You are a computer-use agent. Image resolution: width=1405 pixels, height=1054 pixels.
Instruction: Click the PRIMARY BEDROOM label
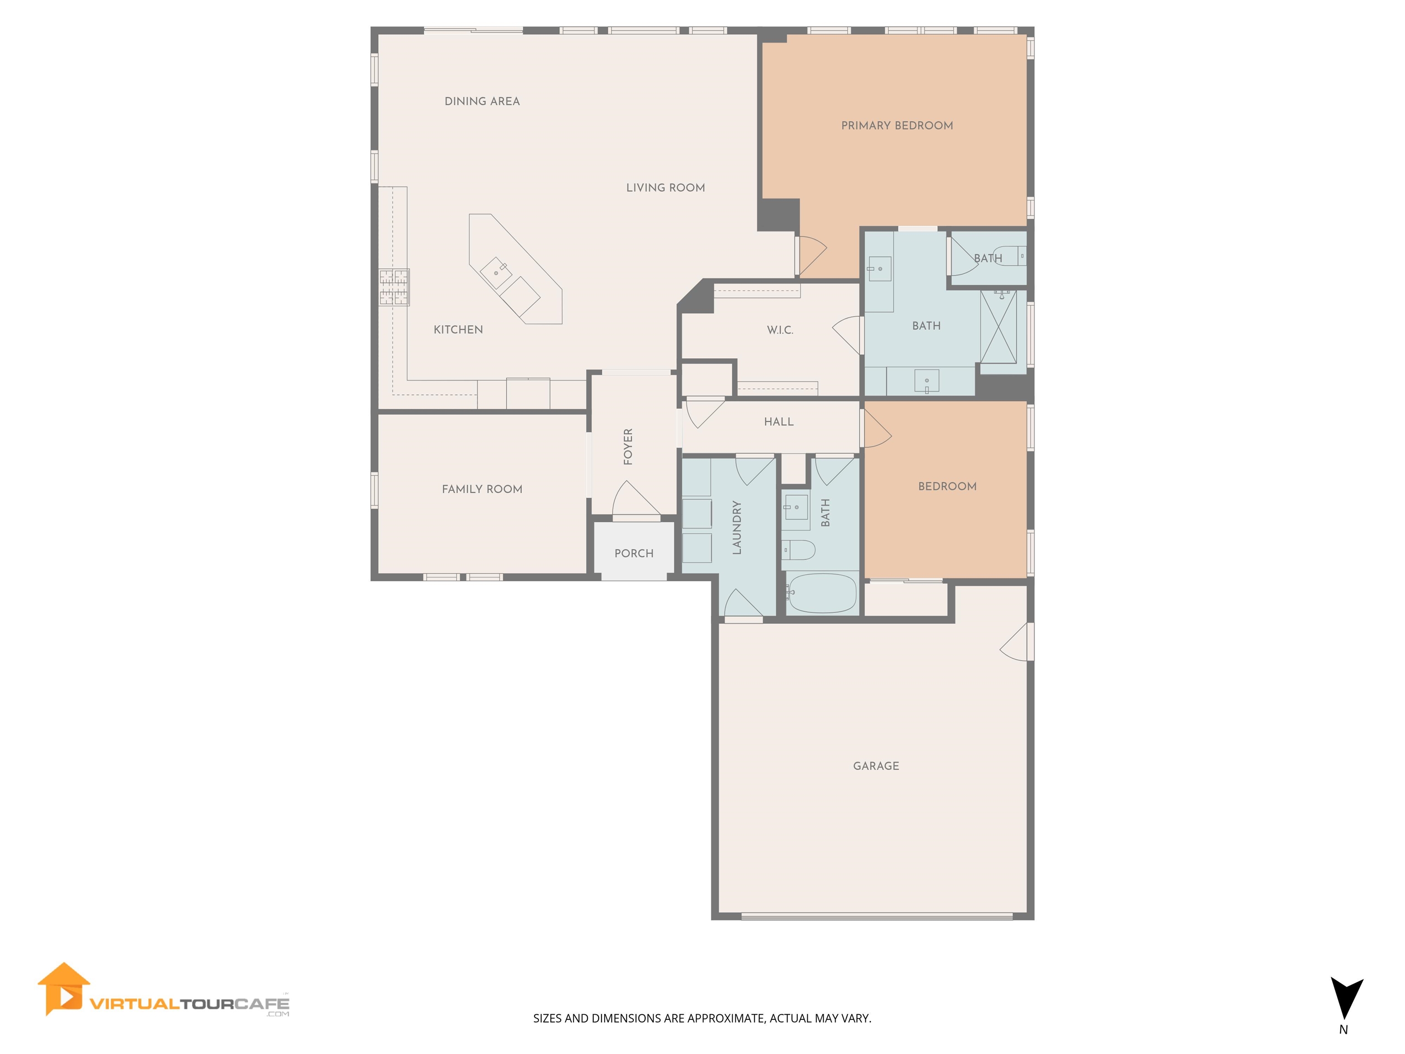tap(897, 126)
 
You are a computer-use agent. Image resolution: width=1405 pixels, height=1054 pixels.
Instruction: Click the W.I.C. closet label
tap(780, 330)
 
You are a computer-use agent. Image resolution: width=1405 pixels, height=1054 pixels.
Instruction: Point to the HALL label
tap(779, 422)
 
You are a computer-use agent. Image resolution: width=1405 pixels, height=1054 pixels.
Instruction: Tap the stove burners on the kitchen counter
tap(394, 287)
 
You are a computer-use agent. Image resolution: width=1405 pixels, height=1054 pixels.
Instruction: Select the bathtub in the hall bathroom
tap(821, 593)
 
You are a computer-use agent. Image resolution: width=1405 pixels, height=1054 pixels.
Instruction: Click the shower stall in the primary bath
tap(998, 327)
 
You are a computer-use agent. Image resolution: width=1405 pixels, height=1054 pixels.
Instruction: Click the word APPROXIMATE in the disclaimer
tap(727, 1018)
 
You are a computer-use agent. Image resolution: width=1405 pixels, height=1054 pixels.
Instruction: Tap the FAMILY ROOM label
tap(482, 489)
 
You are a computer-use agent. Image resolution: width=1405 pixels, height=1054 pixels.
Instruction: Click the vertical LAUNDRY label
tap(737, 527)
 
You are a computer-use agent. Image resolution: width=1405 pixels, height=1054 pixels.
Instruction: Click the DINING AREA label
tap(482, 102)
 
